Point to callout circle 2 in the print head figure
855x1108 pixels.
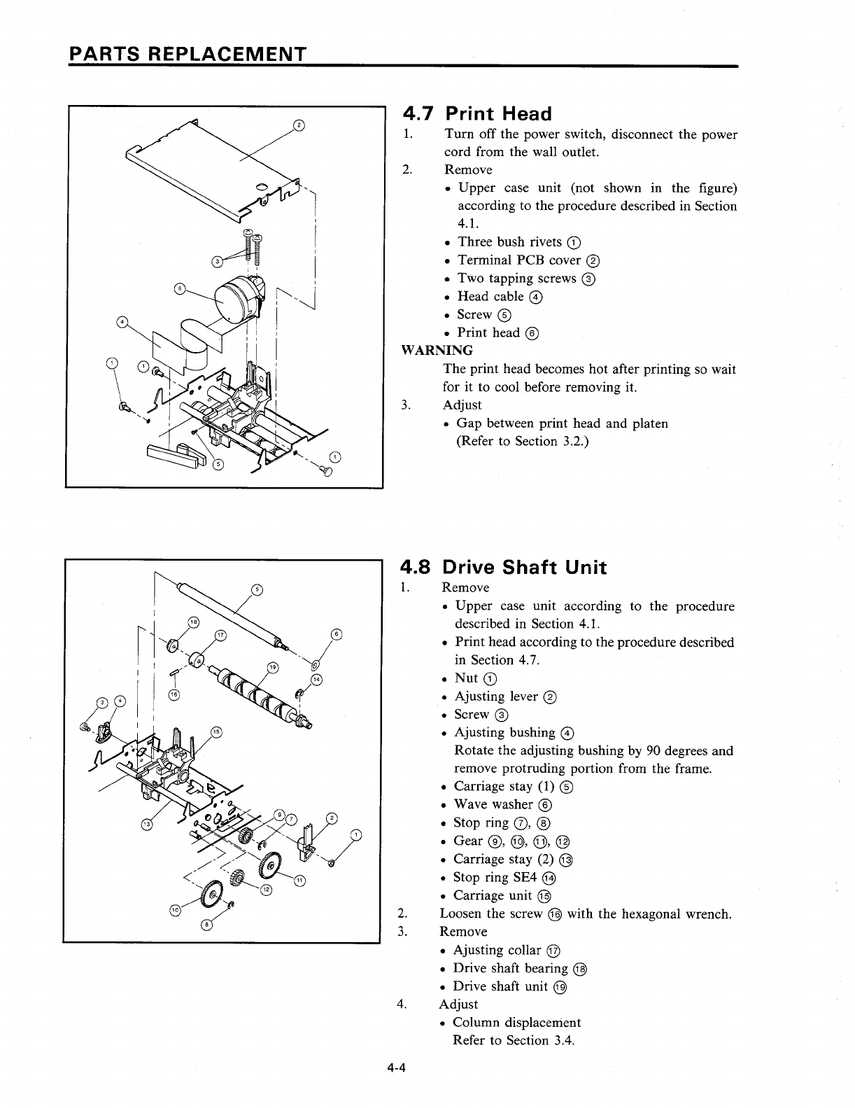click(x=299, y=125)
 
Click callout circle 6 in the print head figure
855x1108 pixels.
click(x=180, y=290)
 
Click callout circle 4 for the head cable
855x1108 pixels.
click(x=122, y=322)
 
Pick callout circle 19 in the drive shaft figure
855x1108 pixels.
click(x=274, y=666)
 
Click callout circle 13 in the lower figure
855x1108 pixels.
click(x=146, y=824)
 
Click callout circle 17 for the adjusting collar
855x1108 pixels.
click(x=221, y=635)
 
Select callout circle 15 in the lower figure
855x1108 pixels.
click(x=216, y=731)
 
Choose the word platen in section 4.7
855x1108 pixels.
click(x=649, y=423)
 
